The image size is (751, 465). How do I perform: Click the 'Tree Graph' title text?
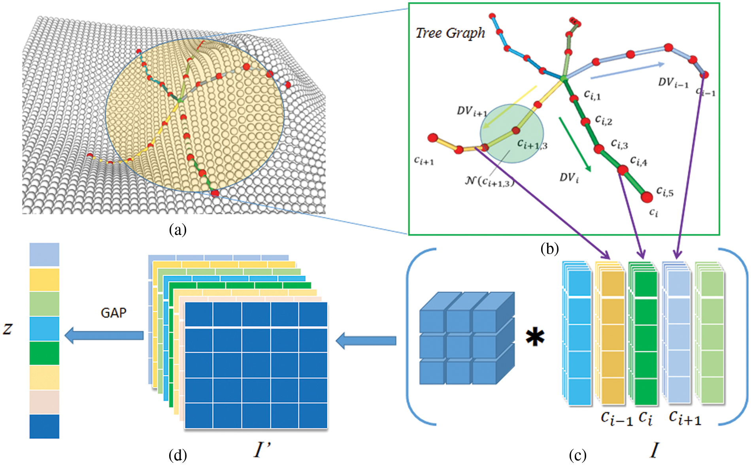(450, 33)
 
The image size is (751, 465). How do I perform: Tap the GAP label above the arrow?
(113, 313)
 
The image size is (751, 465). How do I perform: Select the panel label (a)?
(177, 230)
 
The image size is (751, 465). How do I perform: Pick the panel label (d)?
(177, 456)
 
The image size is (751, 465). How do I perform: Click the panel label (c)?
(577, 456)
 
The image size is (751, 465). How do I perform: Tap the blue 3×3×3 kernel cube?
(466, 338)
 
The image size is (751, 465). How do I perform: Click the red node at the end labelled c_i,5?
(647, 196)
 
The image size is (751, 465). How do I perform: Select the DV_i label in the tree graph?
(569, 178)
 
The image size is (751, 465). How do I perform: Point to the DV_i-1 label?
(673, 83)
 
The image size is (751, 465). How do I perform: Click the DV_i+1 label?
(472, 111)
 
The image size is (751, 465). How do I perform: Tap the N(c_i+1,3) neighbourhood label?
(489, 182)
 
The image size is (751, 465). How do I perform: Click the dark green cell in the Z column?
(44, 353)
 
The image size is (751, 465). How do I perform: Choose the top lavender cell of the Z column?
(44, 254)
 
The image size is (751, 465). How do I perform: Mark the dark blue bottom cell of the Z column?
(44, 426)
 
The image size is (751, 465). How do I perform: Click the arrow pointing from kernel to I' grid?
(366, 341)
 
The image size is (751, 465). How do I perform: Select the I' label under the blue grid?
(262, 449)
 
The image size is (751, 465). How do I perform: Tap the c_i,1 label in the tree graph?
(592, 95)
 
